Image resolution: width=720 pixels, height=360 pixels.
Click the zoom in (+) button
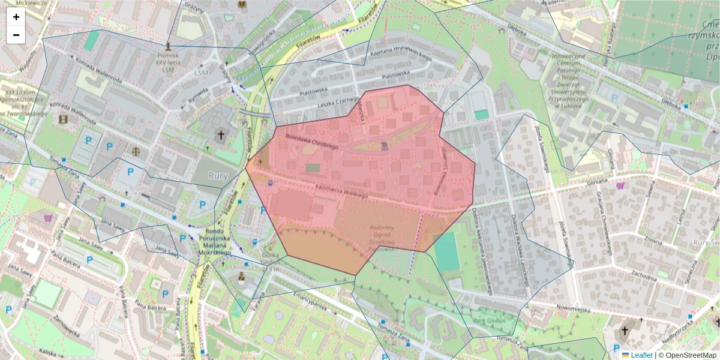16,17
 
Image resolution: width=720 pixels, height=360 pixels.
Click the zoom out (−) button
16,35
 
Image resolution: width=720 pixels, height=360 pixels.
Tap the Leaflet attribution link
641,355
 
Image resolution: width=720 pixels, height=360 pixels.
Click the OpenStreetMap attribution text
688,355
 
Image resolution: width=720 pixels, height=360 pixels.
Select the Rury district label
218,176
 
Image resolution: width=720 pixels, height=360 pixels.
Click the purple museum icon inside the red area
384,146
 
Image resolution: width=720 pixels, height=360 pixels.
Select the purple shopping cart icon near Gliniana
620,186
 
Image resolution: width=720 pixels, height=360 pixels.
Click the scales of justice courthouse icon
136,151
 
